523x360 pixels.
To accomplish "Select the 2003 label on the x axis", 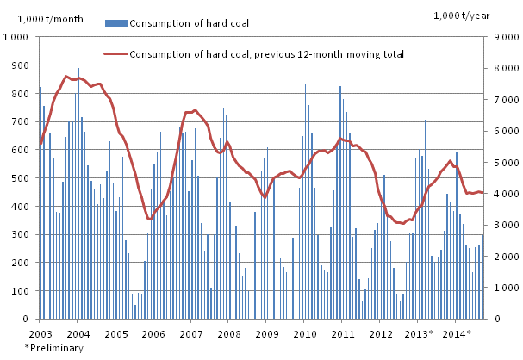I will (x=40, y=332).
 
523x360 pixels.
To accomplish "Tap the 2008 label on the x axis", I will (x=229, y=332).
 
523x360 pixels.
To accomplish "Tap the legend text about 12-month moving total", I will (x=266, y=54).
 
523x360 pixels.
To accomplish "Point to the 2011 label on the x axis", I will (x=343, y=332).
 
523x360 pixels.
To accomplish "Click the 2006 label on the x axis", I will (x=153, y=332).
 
